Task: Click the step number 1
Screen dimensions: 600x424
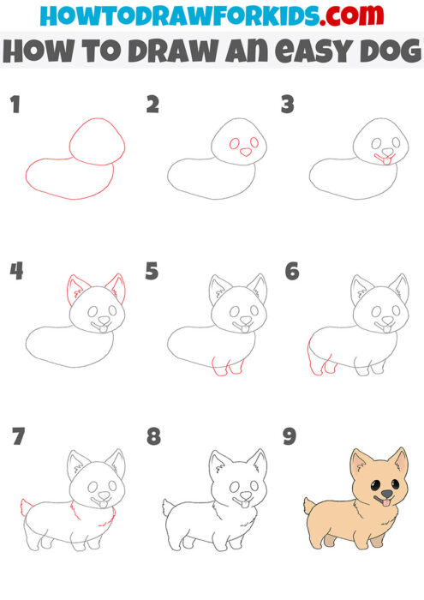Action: pos(14,105)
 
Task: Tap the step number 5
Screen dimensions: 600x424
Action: pos(152,272)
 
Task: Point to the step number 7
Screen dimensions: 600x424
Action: pos(16,436)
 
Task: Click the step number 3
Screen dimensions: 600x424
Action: pos(288,105)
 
